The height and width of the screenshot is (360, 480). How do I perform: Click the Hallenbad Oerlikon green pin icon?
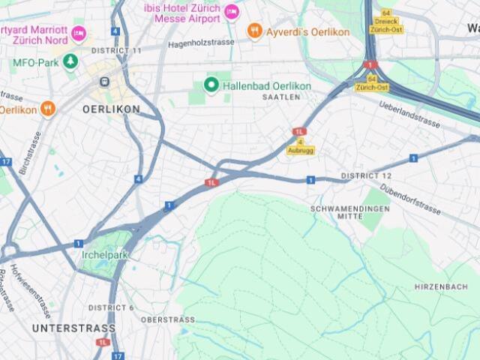[211, 85]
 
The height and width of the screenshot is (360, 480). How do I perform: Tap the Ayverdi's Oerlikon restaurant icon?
[255, 31]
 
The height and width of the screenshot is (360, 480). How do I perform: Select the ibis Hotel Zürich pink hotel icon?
[232, 12]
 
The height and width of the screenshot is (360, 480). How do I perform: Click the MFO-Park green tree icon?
[70, 61]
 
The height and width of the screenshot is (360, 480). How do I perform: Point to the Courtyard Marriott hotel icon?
[79, 34]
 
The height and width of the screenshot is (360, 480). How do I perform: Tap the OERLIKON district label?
[111, 109]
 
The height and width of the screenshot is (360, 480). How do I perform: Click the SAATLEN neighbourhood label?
[281, 97]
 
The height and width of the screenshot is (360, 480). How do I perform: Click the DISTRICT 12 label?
[366, 175]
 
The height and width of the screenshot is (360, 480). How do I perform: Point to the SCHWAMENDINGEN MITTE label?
[350, 211]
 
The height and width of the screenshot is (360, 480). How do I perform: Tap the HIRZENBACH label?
[441, 286]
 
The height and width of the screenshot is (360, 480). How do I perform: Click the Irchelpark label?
[105, 255]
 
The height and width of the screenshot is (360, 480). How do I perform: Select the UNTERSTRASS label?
[73, 328]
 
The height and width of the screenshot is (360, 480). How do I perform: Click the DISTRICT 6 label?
[111, 307]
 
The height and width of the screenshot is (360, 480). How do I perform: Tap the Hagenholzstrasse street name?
[201, 43]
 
